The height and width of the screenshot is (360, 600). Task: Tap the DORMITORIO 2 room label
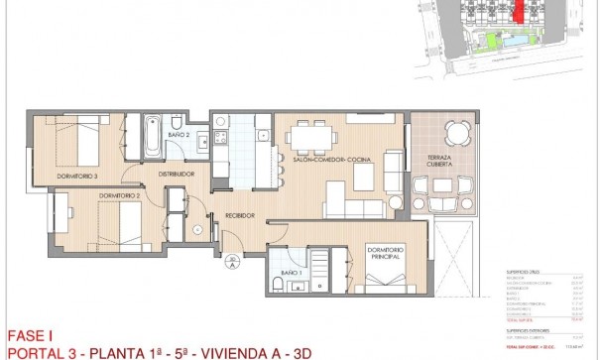click(118, 196)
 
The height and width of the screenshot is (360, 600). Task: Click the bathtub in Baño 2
click(151, 136)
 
